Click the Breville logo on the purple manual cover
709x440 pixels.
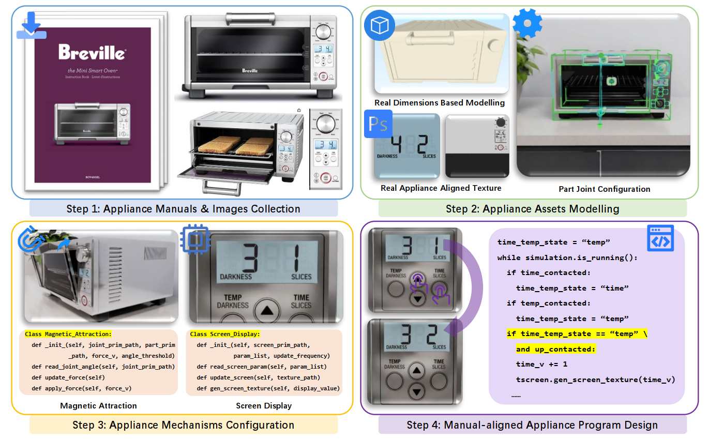tap(92, 52)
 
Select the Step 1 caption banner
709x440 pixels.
tap(183, 209)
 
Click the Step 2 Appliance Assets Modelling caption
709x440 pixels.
tap(532, 209)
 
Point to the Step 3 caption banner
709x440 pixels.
tap(183, 425)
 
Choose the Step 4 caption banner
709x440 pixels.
tap(532, 425)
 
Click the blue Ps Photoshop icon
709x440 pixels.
tap(379, 124)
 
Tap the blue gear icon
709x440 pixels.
tap(527, 23)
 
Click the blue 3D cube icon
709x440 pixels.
tap(379, 26)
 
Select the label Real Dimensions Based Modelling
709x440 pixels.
tap(439, 102)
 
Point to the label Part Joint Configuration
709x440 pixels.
tap(604, 189)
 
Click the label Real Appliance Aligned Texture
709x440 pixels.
tap(441, 188)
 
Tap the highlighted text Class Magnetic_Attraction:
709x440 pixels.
tap(71, 334)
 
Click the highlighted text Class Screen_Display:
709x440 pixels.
tap(225, 334)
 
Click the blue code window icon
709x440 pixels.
tap(660, 238)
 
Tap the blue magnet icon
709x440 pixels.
tap(28, 239)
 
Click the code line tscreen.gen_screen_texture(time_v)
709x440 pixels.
tap(595, 380)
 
